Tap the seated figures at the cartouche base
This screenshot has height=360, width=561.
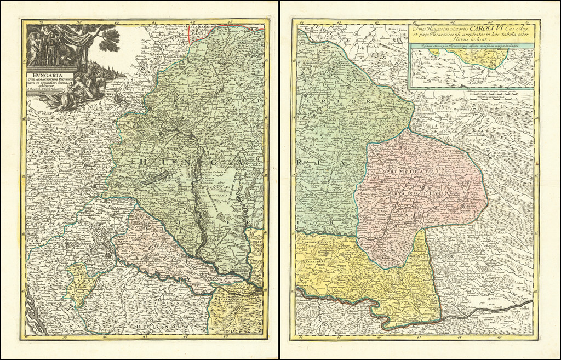coord(82,90)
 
